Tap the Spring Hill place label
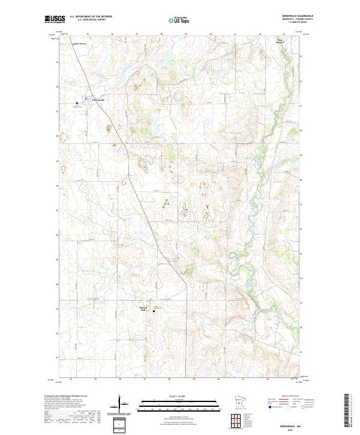(x=143, y=309)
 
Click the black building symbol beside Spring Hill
(x=154, y=310)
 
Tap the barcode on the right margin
(x=346, y=414)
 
